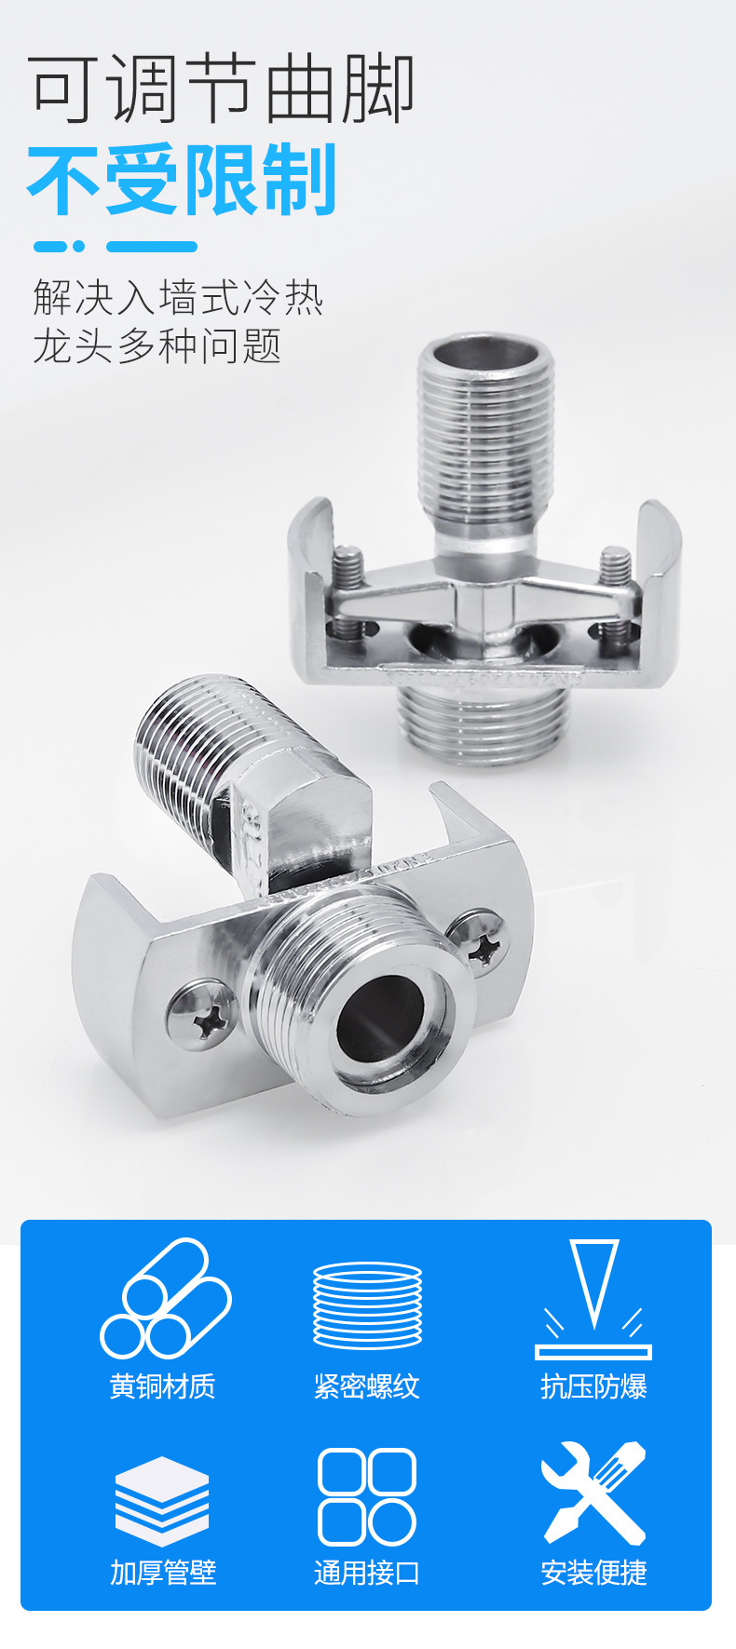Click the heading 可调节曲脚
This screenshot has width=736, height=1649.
coord(222,89)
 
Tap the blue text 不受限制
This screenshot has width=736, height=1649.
coord(183,180)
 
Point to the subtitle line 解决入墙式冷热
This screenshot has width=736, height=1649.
coord(178,298)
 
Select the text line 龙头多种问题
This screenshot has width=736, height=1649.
coord(157,345)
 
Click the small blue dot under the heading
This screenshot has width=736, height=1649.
coord(78,247)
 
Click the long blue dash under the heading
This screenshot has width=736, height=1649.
coord(152,247)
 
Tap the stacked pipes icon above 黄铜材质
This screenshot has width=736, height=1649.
coord(166,1297)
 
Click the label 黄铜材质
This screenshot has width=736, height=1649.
coord(163,1386)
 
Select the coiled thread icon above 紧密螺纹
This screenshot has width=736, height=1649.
coord(368,1304)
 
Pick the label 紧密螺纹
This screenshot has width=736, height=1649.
coord(367,1386)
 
